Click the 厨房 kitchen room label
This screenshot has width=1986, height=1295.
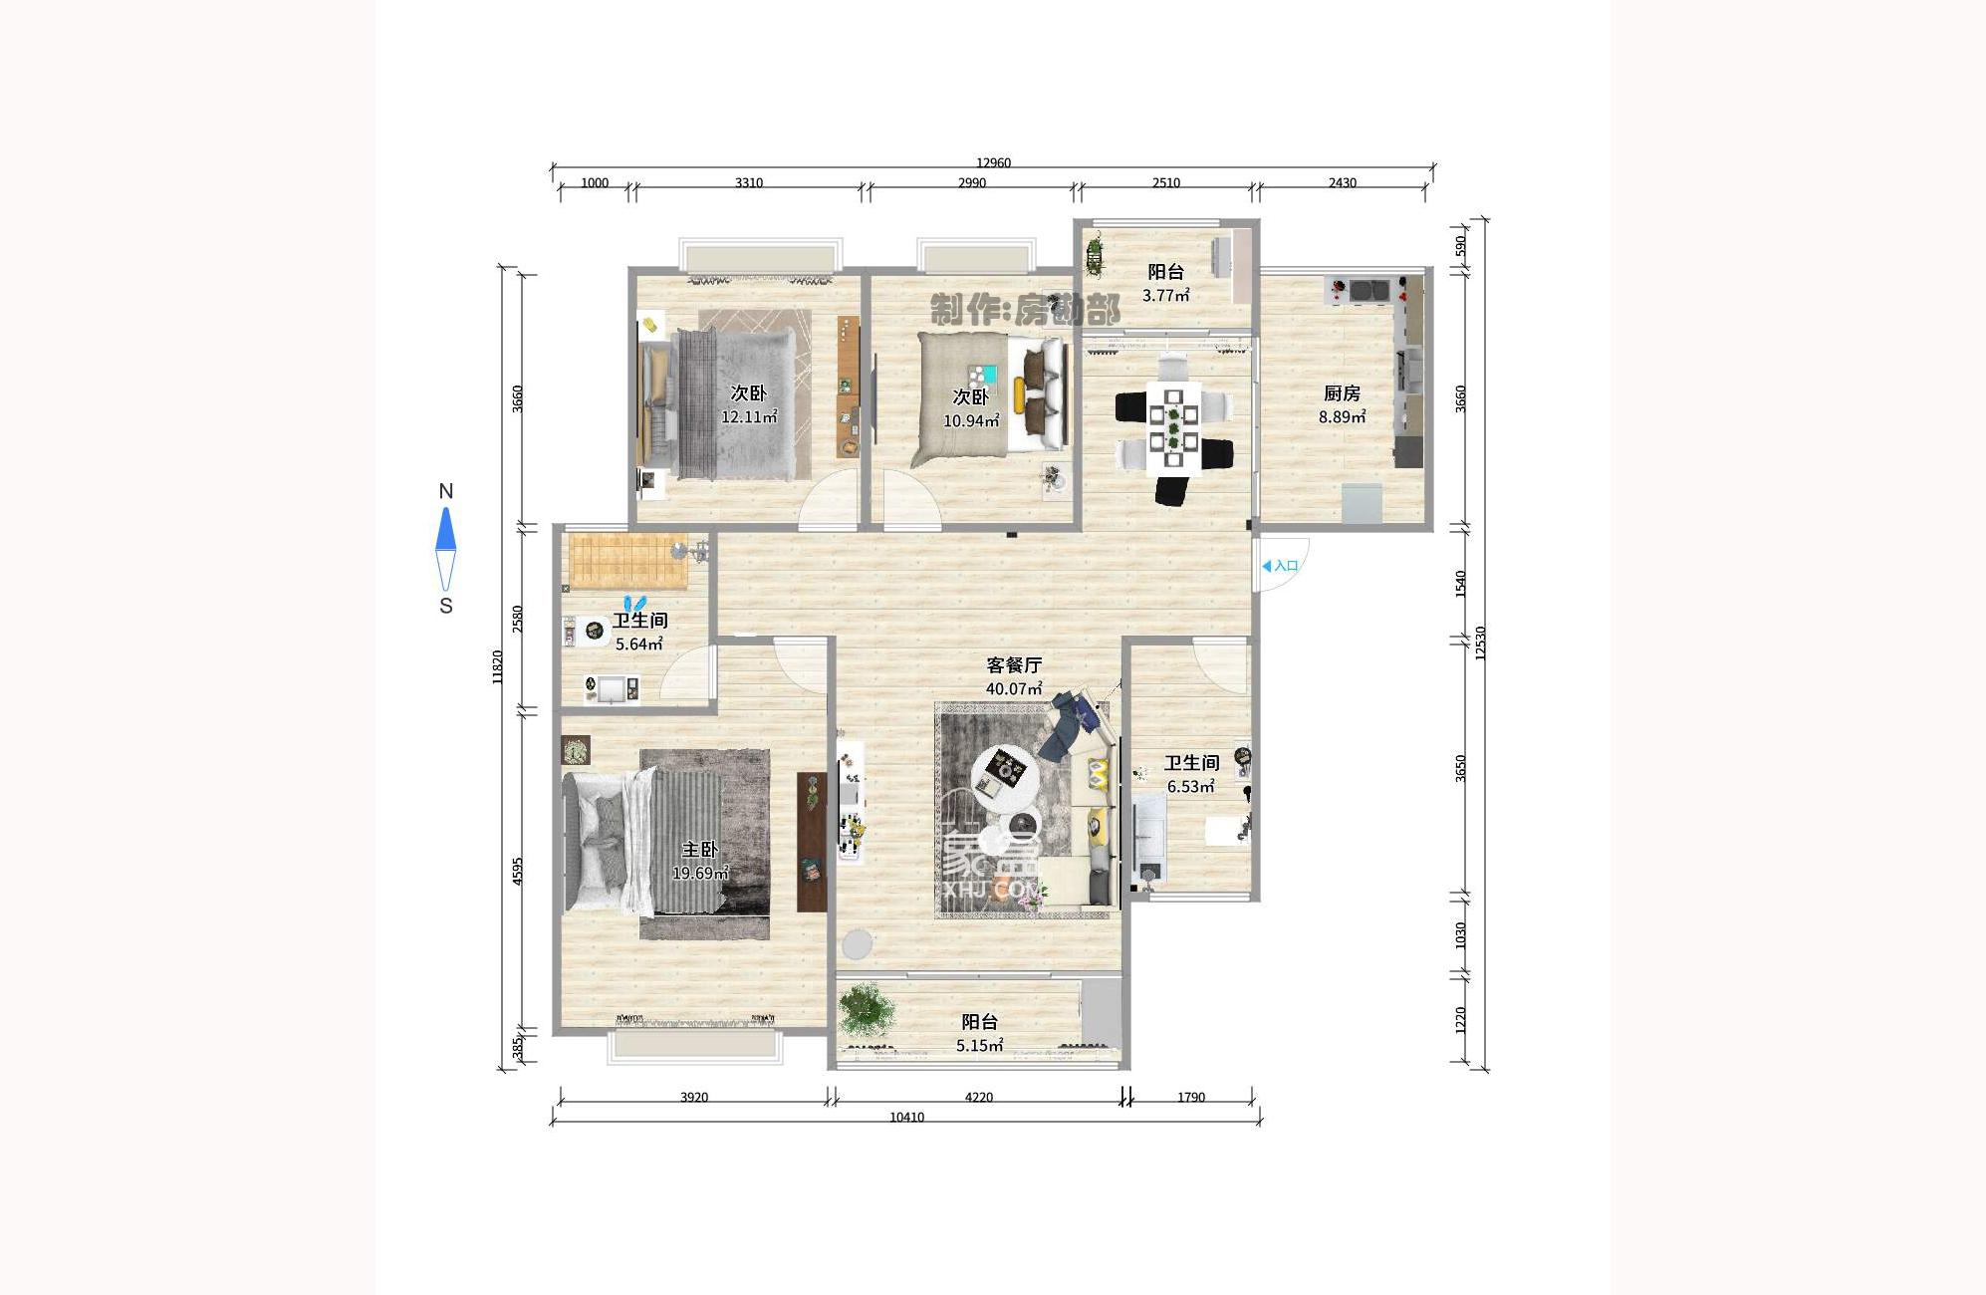click(1342, 393)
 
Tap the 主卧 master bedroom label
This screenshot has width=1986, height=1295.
click(699, 850)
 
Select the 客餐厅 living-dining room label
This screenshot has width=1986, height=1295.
click(1014, 664)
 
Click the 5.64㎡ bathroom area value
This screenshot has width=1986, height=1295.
click(638, 645)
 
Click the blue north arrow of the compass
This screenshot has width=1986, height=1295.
click(445, 529)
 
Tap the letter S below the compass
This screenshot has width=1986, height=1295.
click(446, 606)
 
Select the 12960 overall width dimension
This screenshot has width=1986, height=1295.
click(993, 162)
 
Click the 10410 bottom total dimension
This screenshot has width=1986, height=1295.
click(906, 1118)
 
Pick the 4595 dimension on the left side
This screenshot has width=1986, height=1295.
click(517, 872)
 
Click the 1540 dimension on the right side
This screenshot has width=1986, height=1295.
click(1461, 583)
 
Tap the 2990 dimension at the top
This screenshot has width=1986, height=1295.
click(972, 183)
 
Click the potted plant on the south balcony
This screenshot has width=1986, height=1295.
click(865, 1009)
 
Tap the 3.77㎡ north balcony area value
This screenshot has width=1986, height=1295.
click(1165, 296)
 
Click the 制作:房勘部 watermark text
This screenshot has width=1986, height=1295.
click(1024, 310)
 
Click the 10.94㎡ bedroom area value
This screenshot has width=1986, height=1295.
click(971, 421)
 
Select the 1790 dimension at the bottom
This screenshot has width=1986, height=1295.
click(1191, 1098)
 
